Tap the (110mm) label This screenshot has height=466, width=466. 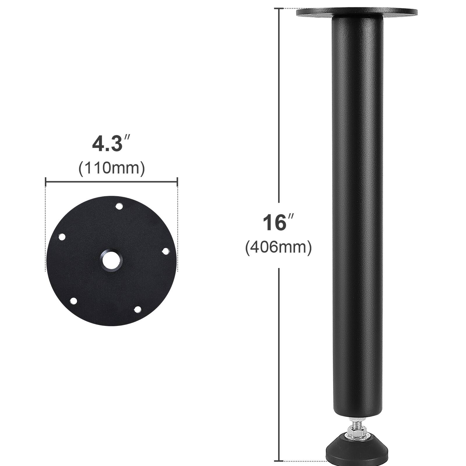click(112, 168)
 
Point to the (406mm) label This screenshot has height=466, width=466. click(278, 248)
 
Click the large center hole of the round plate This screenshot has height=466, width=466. click(112, 260)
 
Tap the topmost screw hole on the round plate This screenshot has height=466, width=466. click(119, 206)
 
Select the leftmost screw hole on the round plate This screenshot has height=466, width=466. click(62, 237)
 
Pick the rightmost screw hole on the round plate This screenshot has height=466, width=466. click(165, 251)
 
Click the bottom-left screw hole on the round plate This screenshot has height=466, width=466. click(73, 301)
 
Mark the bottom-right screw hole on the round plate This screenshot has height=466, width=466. click(137, 309)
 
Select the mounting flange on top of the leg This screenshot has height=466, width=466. click(356, 13)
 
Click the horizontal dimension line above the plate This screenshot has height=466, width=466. click(112, 182)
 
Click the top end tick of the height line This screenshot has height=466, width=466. click(279, 9)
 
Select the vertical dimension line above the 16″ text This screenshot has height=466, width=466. click(279, 105)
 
